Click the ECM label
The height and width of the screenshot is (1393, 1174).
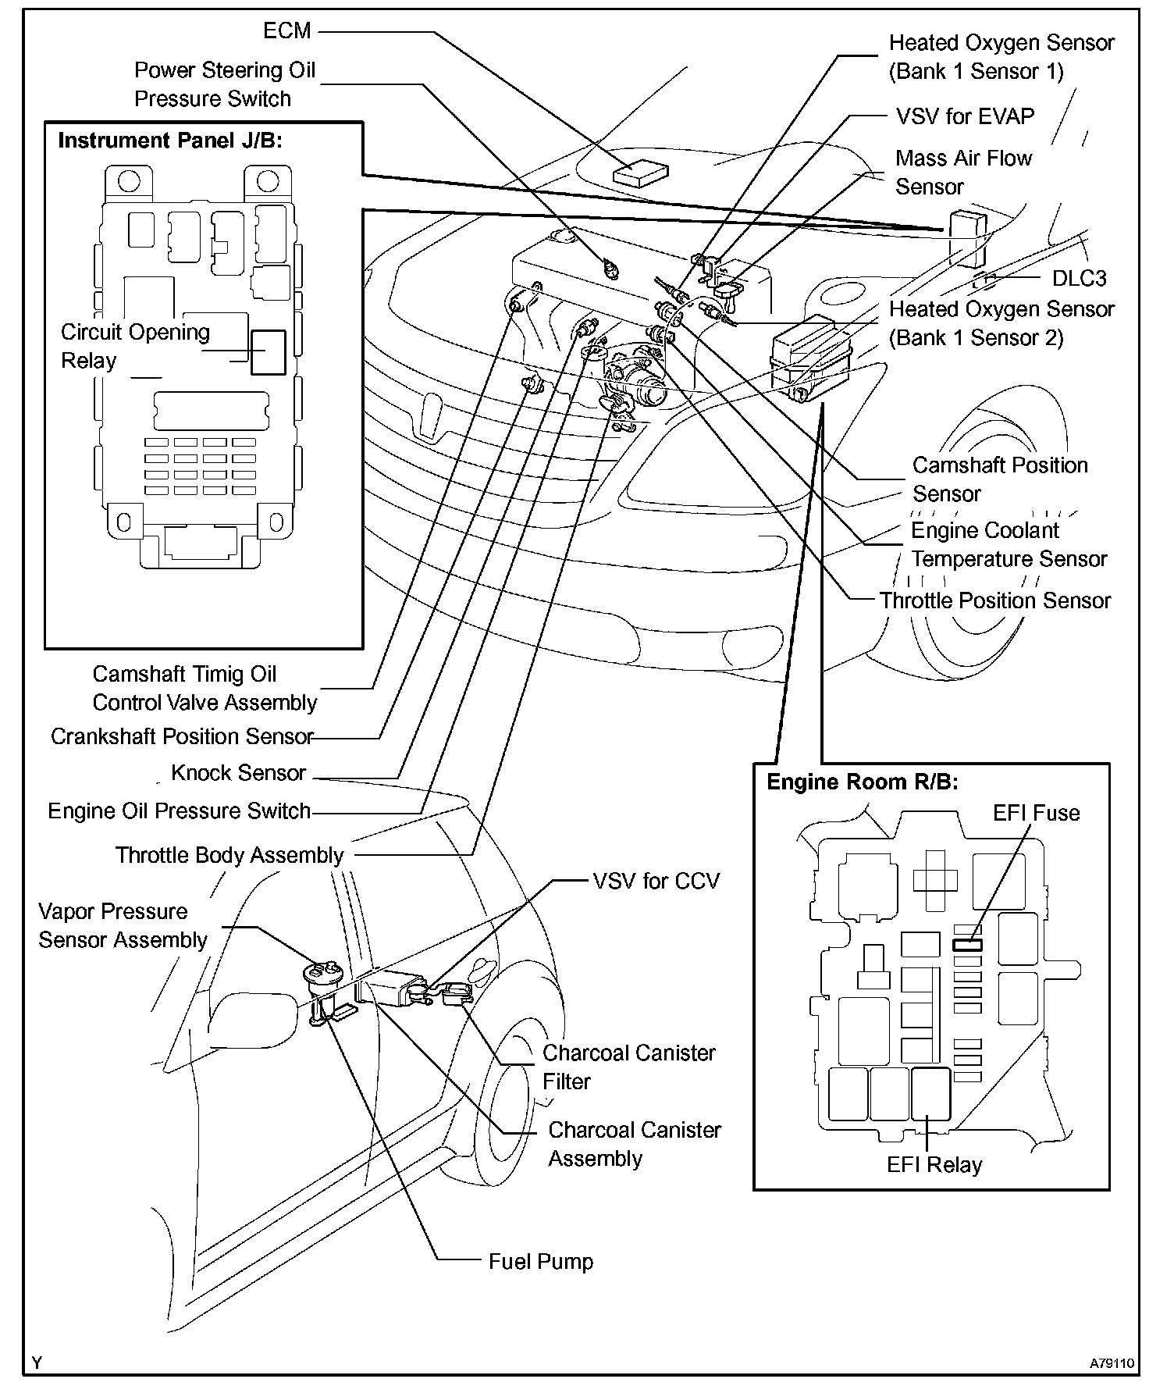[x=287, y=31]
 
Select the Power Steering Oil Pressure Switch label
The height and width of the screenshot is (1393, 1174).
[x=225, y=84]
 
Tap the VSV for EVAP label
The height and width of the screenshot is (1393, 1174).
[x=965, y=116]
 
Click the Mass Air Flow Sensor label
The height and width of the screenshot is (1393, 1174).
[x=963, y=173]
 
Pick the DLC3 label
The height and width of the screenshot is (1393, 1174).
[x=1079, y=278]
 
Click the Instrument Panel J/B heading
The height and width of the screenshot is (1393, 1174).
[x=170, y=141]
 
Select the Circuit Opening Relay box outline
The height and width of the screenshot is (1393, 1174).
[x=268, y=352]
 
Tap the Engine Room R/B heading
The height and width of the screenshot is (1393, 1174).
[x=862, y=782]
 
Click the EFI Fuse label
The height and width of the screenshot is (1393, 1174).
[x=1036, y=813]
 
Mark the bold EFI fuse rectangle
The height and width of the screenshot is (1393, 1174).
[x=967, y=944]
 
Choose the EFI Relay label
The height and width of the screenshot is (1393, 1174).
[x=934, y=1165]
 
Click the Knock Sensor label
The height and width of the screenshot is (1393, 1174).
[x=238, y=773]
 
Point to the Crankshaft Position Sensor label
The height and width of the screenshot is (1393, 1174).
[x=182, y=736]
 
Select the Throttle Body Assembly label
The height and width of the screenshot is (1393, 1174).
[x=229, y=855]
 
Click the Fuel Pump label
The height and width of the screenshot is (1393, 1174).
[x=540, y=1262]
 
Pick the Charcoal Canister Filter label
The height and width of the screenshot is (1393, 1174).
[x=628, y=1067]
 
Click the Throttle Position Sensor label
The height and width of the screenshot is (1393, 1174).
[x=995, y=600]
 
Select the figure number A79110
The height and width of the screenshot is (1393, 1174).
[x=1112, y=1363]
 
